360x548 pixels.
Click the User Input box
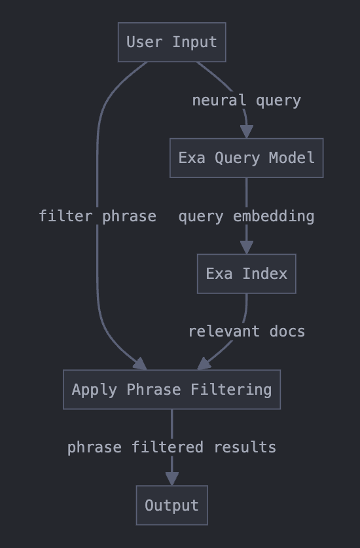pyautogui.click(x=172, y=43)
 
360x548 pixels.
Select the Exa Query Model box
pyautogui.click(x=246, y=158)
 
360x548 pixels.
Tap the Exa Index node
pyautogui.click(x=246, y=274)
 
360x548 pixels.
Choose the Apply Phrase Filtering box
pyautogui.click(x=172, y=390)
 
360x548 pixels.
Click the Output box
pyautogui.click(x=172, y=505)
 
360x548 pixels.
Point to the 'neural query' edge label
pyautogui.click(x=246, y=101)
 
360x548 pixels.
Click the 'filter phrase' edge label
pyautogui.click(x=98, y=216)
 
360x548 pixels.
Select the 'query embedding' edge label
pyautogui.click(x=246, y=216)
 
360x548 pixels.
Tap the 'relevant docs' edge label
pyautogui.click(x=247, y=331)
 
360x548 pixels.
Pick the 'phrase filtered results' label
pyautogui.click(x=171, y=447)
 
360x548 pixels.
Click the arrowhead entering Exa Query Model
pyautogui.click(x=246, y=132)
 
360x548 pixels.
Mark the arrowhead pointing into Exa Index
pyautogui.click(x=246, y=247)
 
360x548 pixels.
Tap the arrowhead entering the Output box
pyautogui.click(x=172, y=479)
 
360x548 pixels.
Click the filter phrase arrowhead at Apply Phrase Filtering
pyautogui.click(x=141, y=364)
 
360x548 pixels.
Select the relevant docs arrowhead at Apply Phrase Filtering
pyautogui.click(x=204, y=364)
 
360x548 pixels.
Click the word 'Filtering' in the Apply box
pyautogui.click(x=231, y=390)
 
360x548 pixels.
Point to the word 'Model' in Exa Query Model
pyautogui.click(x=292, y=158)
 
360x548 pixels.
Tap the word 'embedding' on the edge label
pyautogui.click(x=274, y=216)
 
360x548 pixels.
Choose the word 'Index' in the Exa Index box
pyautogui.click(x=264, y=274)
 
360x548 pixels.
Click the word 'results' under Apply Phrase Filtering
pyautogui.click(x=245, y=447)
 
